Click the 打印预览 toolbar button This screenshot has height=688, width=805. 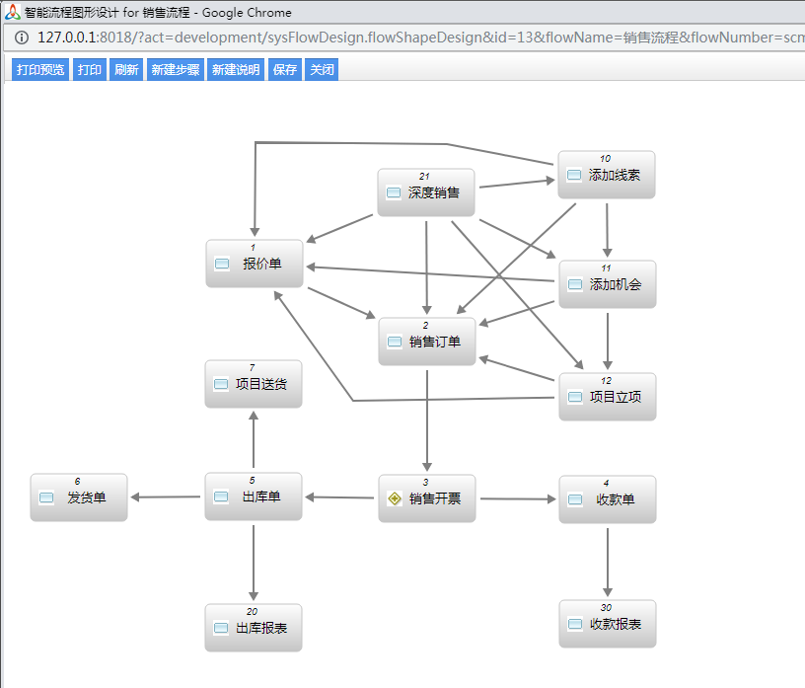(x=40, y=69)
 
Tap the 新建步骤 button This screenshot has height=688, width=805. (x=176, y=69)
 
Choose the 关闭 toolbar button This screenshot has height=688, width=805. (x=322, y=69)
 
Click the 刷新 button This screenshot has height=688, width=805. (x=126, y=69)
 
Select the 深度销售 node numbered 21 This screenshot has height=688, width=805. (x=426, y=192)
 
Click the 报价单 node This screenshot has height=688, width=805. (x=255, y=264)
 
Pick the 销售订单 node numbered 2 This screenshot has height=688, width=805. (x=427, y=342)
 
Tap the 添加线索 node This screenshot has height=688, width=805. (x=607, y=175)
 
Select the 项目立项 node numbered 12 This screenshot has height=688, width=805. (x=608, y=397)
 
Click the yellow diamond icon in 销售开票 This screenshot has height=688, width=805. (x=395, y=498)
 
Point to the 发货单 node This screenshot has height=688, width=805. (x=79, y=497)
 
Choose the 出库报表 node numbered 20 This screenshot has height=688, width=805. (x=254, y=628)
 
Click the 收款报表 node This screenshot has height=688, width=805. (x=608, y=624)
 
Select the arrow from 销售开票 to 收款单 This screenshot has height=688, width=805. (x=518, y=498)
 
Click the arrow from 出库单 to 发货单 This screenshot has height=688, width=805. (x=166, y=497)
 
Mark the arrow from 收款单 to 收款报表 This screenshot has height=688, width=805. (x=608, y=562)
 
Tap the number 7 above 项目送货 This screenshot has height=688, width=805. (x=253, y=367)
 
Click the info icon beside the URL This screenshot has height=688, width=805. (x=21, y=38)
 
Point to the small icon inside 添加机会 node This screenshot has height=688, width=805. (x=575, y=284)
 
